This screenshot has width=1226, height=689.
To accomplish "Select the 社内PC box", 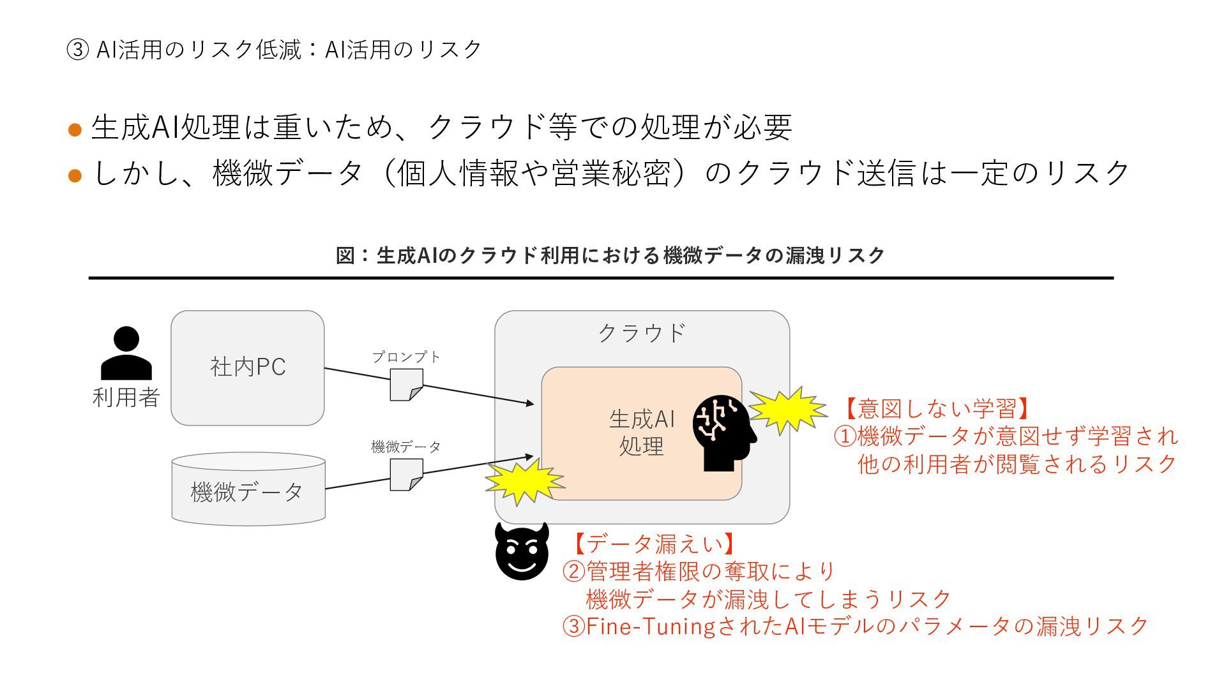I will coord(248,367).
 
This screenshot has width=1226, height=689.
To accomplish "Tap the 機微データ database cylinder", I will coord(248,489).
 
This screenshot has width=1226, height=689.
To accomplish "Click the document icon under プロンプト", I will coord(406,385).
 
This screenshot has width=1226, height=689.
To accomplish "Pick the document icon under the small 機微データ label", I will coord(406,475).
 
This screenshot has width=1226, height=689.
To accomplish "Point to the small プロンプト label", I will coord(406,357).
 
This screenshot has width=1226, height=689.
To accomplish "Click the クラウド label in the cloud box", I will coord(642,332).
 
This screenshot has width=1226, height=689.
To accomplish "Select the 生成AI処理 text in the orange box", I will coord(642,433).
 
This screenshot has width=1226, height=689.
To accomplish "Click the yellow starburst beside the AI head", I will coord(787,410).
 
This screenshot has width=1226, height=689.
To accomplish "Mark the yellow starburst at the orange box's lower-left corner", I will coord(524,482).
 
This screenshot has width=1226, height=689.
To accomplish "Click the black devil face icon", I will coord(522,552).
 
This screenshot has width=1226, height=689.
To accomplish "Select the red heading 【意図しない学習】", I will coord(936,408).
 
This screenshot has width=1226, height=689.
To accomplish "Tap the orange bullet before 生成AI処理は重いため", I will coord(75,130).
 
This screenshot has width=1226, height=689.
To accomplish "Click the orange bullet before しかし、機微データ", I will coord(75,175).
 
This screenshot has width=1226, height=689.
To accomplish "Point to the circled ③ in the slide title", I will coord(77,50).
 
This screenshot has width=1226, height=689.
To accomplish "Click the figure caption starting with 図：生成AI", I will coord(610,255).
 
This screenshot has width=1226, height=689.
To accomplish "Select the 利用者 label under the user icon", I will coord(126,397).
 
